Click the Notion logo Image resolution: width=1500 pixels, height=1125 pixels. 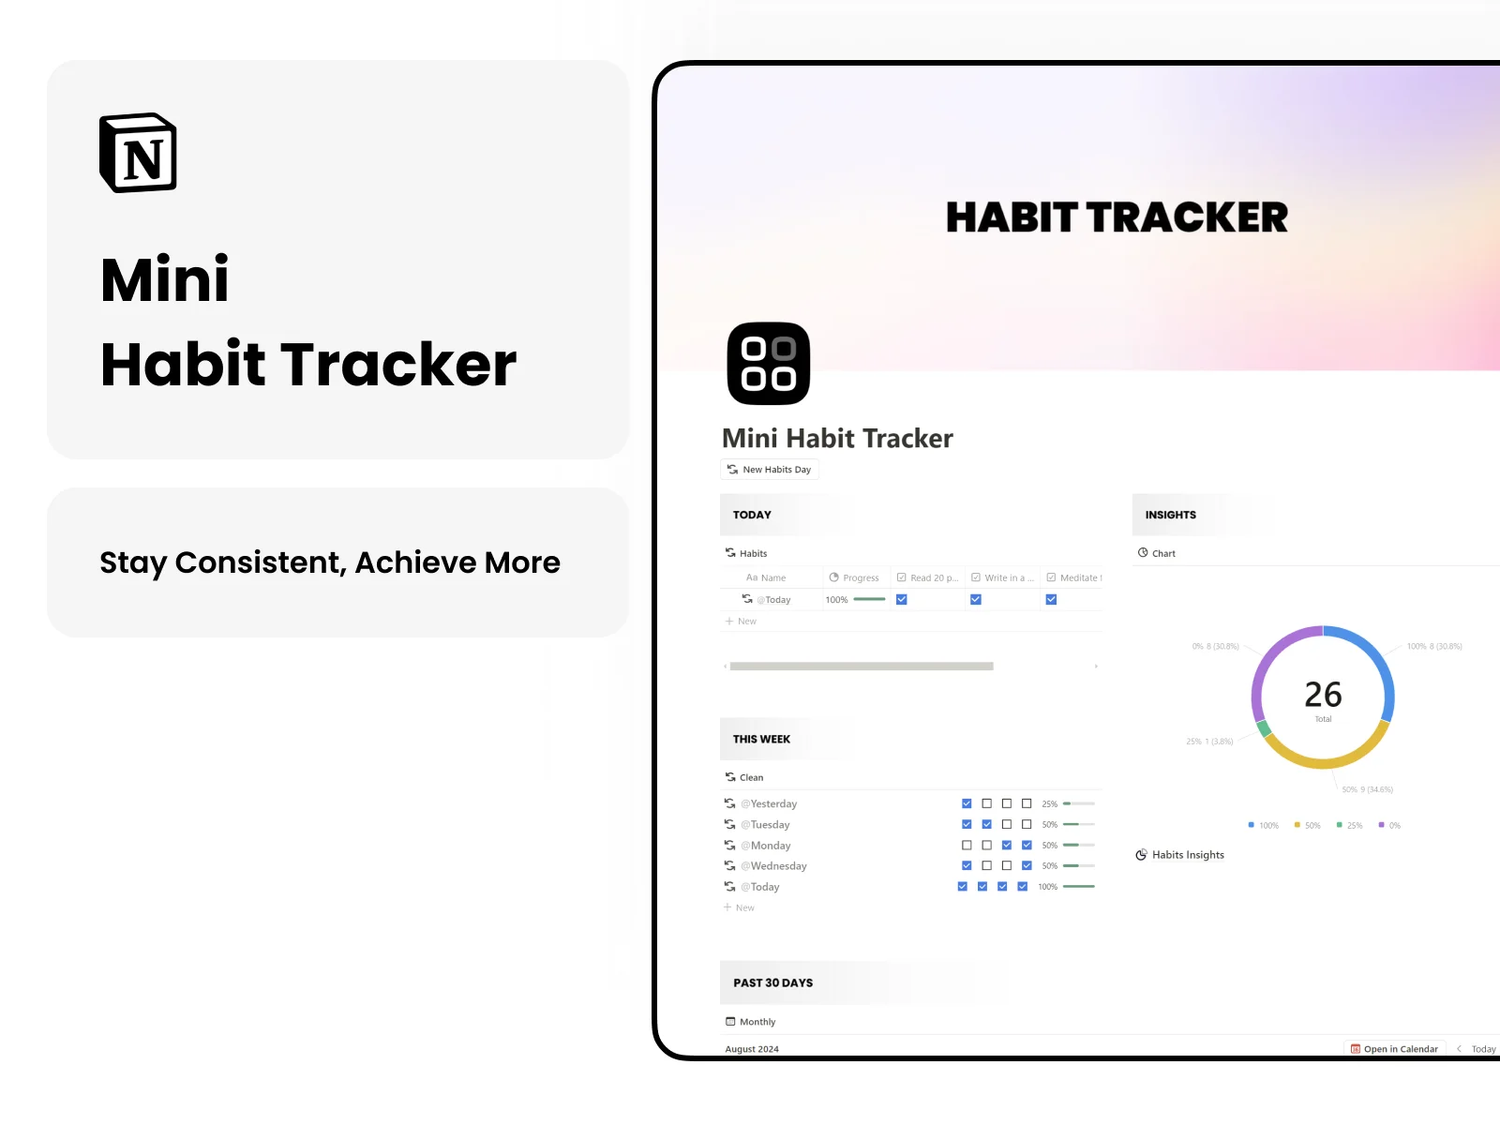[x=139, y=154]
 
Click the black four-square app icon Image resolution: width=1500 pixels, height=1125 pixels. [x=769, y=364]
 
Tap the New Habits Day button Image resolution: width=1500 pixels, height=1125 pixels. [x=770, y=470]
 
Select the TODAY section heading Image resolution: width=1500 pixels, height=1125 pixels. [x=752, y=515]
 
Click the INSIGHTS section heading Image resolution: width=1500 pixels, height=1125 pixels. [x=1170, y=515]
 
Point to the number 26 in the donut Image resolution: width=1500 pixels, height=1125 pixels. [x=1323, y=695]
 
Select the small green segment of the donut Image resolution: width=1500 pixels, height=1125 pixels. [x=1264, y=728]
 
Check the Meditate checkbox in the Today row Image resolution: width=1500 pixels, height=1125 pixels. [x=1051, y=600]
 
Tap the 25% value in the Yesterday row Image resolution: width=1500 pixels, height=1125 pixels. [x=1049, y=804]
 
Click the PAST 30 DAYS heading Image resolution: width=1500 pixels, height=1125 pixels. [x=773, y=982]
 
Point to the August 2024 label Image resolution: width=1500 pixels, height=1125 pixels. [x=752, y=1049]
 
